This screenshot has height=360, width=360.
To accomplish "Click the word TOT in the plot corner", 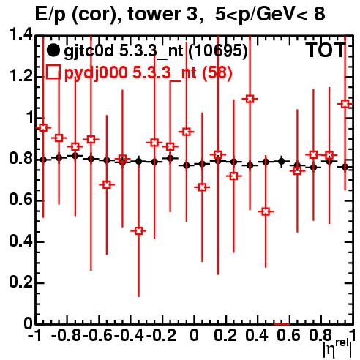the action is point(325,50).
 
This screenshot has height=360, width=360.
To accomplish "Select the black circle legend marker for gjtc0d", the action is point(53,50).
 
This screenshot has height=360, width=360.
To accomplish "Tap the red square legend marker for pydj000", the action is point(53,72).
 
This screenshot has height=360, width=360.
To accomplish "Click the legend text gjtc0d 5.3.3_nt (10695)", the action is point(156,51).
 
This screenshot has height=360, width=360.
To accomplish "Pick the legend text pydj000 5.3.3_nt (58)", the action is point(148,73).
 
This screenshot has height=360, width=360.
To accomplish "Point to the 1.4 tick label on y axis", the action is point(20,36).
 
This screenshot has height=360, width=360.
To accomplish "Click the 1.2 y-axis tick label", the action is point(20,77).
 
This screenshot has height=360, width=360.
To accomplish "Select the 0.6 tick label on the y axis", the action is point(20,200).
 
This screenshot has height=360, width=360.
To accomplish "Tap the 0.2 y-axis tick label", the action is point(20,282).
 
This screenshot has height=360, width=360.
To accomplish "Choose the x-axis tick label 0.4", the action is point(257,335).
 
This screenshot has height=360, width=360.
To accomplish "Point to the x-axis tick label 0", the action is point(194,335).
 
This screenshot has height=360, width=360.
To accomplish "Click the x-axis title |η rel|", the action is point(337,348).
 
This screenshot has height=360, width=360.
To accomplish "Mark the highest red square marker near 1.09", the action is point(250,99).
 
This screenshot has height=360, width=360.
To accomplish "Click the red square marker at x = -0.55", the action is point(107,184).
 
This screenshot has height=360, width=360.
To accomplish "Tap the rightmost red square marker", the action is point(345,104).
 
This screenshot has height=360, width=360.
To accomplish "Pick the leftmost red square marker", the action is point(43,127).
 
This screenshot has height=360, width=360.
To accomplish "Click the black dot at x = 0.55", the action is point(282,161).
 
